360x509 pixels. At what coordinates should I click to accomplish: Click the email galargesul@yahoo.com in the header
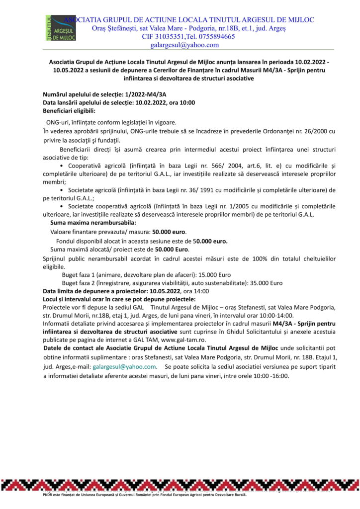[184, 45]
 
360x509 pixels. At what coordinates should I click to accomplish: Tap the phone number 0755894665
[214, 36]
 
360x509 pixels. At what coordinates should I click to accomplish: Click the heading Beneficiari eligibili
[69, 110]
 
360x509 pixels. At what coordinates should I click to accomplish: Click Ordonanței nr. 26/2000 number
[314, 131]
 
